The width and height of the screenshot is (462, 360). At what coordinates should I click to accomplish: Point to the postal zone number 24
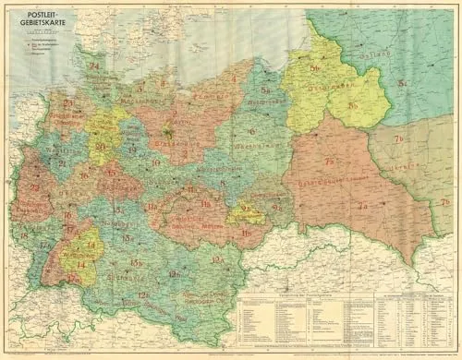click(93, 66)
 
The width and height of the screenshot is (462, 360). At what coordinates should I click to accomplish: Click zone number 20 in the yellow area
click(99, 146)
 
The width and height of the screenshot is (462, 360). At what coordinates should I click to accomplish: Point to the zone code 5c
click(404, 84)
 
